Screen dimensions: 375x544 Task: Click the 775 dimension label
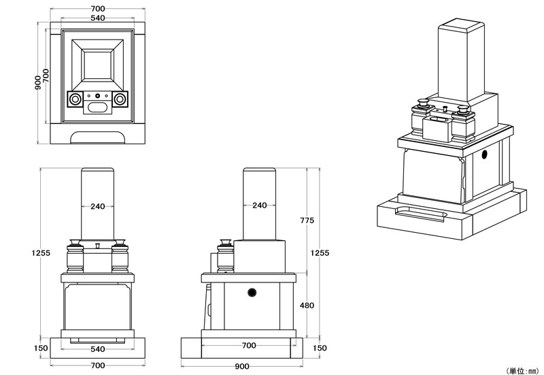(x=307, y=221)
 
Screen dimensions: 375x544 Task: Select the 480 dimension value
(x=307, y=306)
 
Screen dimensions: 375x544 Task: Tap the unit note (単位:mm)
(x=522, y=370)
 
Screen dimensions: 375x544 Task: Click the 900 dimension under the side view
(x=241, y=366)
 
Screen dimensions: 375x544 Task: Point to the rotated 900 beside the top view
(x=38, y=83)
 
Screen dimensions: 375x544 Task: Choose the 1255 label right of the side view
(x=320, y=252)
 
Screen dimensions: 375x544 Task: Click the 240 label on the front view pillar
(x=97, y=207)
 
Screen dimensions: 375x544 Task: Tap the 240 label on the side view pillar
(x=259, y=205)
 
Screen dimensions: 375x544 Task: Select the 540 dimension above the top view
(x=97, y=18)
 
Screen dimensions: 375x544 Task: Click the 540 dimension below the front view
(x=97, y=349)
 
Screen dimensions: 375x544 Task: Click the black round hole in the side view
(x=253, y=293)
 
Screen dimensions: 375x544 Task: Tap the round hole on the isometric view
(x=485, y=156)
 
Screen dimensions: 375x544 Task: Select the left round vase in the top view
(x=74, y=99)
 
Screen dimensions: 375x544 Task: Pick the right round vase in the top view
(x=120, y=99)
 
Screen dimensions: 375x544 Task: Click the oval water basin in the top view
(x=97, y=107)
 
